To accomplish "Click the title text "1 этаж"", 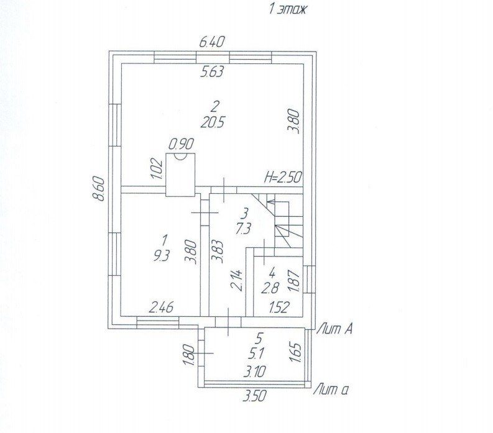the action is pyautogui.click(x=288, y=9).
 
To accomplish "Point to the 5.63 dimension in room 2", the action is pyautogui.click(x=211, y=72).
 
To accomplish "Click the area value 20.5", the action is pyautogui.click(x=213, y=122).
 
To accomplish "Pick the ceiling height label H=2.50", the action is pyautogui.click(x=283, y=177).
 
